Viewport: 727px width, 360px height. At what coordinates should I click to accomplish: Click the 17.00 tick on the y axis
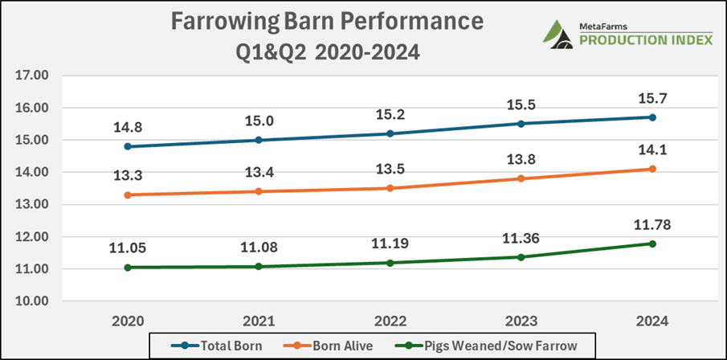(31, 76)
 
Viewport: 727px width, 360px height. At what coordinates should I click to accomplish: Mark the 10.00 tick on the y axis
(31, 301)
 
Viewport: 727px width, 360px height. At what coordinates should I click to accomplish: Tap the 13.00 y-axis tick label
(31, 204)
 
